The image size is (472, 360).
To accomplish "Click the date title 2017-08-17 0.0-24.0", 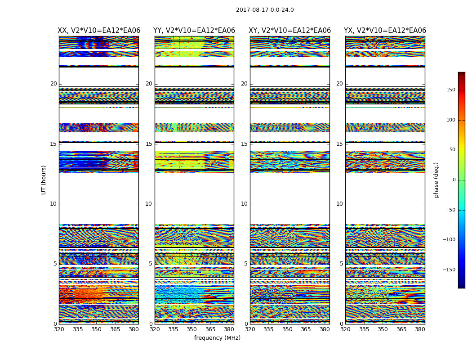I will tap(265, 10).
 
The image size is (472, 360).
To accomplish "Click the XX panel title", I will tap(99, 31).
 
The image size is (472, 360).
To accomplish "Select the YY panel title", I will tap(194, 31).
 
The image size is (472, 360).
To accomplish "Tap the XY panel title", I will tap(290, 31).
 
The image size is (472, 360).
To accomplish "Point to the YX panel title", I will tap(385, 31).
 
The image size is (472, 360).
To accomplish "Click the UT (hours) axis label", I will tap(44, 180).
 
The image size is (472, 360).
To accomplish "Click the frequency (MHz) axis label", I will tap(217, 338).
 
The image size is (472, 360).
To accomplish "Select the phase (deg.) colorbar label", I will tap(436, 180).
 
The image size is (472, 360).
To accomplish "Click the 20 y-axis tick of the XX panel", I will tap(53, 84).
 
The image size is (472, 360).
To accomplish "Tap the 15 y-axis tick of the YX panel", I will tap(339, 144).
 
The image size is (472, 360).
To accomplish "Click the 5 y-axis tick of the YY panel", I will tap(151, 264).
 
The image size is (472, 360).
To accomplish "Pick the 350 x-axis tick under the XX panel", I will tap(96, 329).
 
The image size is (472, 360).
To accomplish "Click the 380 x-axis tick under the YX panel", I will tap(420, 329).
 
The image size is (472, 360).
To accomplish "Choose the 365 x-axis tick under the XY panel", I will tap(306, 329).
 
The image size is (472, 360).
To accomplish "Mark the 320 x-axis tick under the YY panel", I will tap(155, 329).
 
